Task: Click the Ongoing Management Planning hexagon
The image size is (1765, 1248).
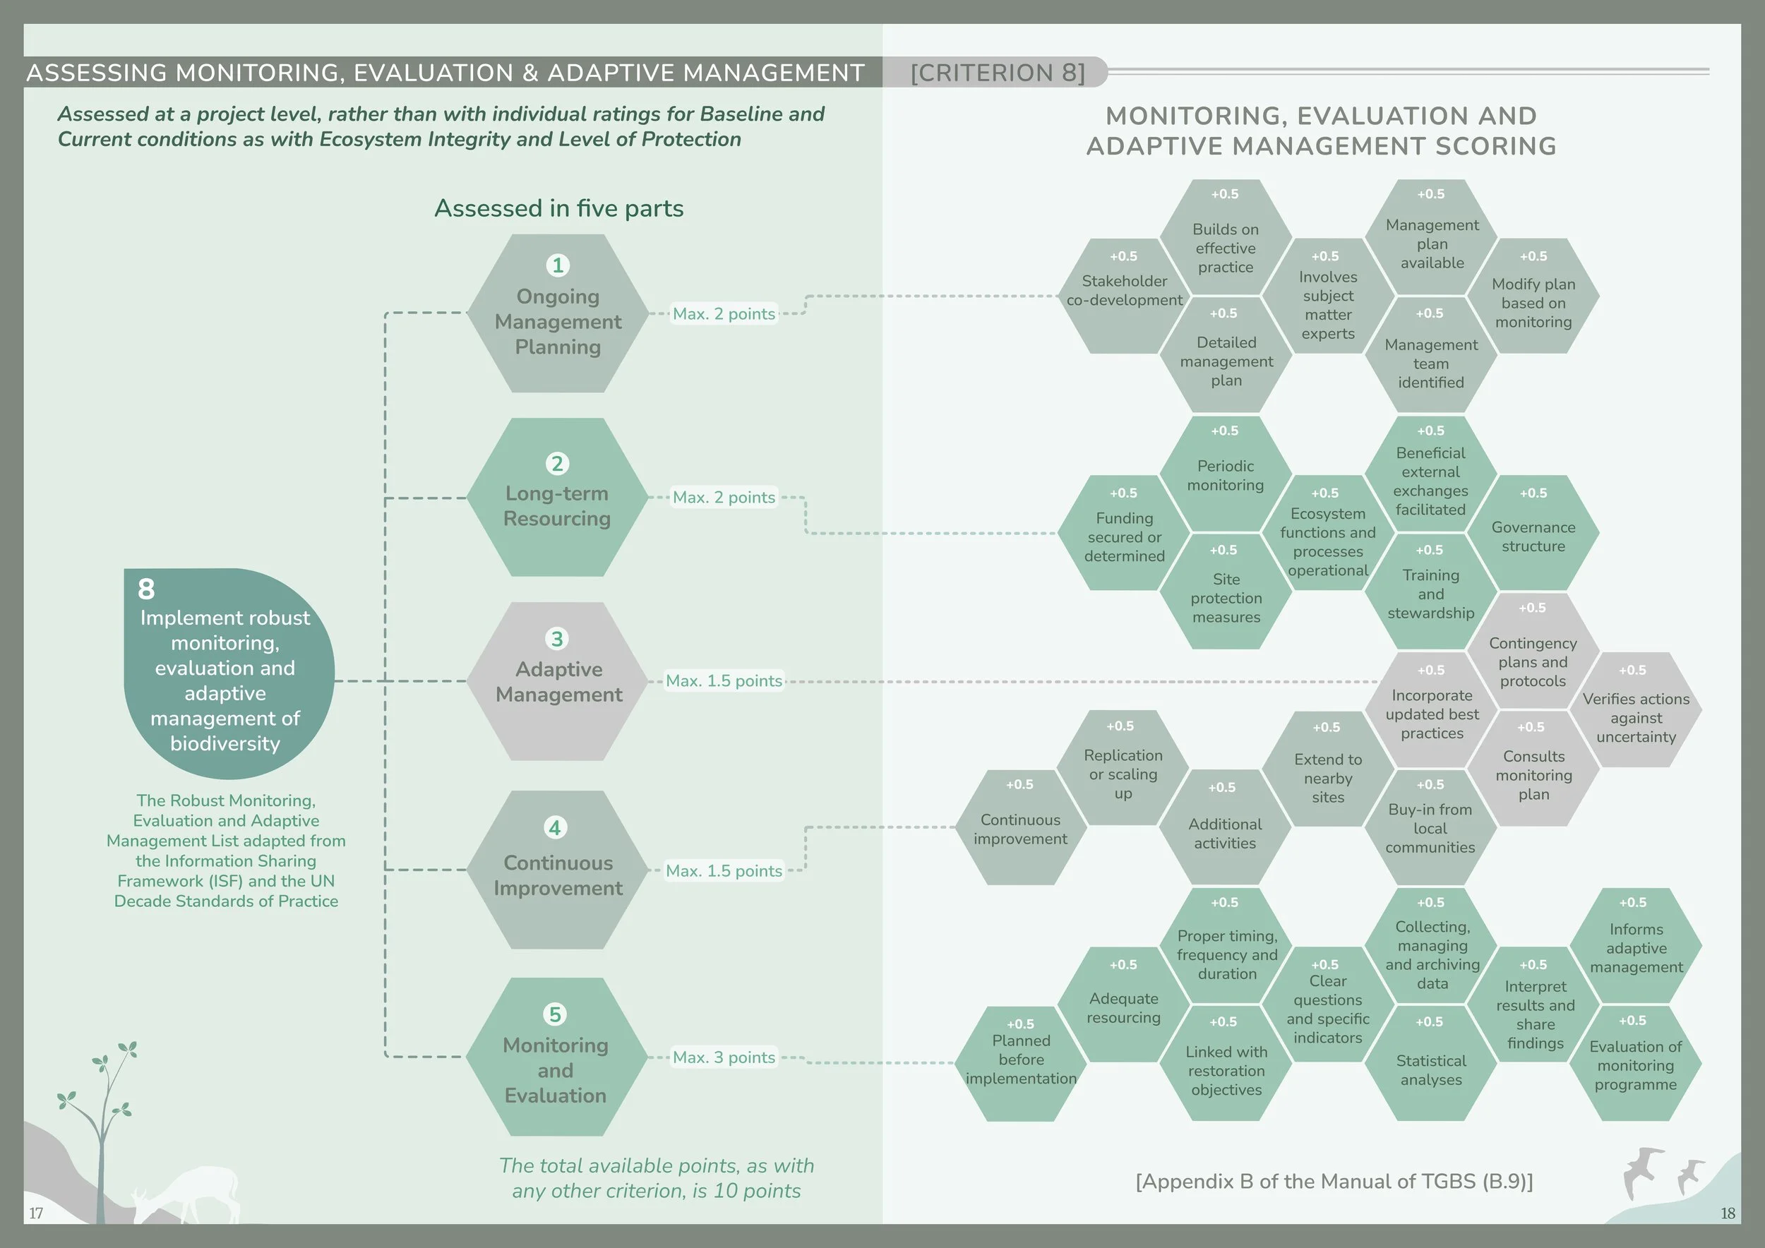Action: (x=557, y=313)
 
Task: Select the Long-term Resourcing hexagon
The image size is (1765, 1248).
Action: (x=557, y=497)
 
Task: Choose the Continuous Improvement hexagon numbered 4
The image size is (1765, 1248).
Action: (x=557, y=870)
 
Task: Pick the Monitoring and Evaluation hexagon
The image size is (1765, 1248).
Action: (x=556, y=1057)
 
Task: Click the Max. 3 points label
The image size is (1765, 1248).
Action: (x=724, y=1057)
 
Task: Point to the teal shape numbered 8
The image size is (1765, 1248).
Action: (x=228, y=673)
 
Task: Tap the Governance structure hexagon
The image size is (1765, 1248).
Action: (x=1533, y=534)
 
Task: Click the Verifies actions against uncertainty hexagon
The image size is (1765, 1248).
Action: (x=1635, y=711)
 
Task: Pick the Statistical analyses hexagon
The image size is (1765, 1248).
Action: (x=1430, y=1064)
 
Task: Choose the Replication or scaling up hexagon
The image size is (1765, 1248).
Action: (x=1123, y=769)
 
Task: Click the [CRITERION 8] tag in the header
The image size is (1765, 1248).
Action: (x=997, y=72)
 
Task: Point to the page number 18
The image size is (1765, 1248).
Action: (x=1728, y=1213)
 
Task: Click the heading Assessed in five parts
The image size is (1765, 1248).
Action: (x=559, y=208)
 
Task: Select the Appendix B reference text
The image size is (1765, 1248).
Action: (x=1334, y=1181)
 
